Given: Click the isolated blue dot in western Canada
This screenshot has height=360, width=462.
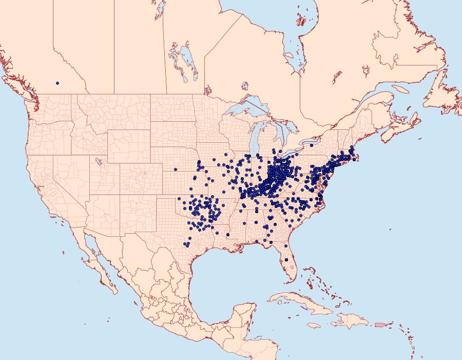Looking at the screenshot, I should point(57,83).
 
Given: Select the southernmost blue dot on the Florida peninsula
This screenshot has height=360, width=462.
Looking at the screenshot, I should point(286,260).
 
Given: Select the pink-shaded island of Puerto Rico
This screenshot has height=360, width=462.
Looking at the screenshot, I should point(379,324).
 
